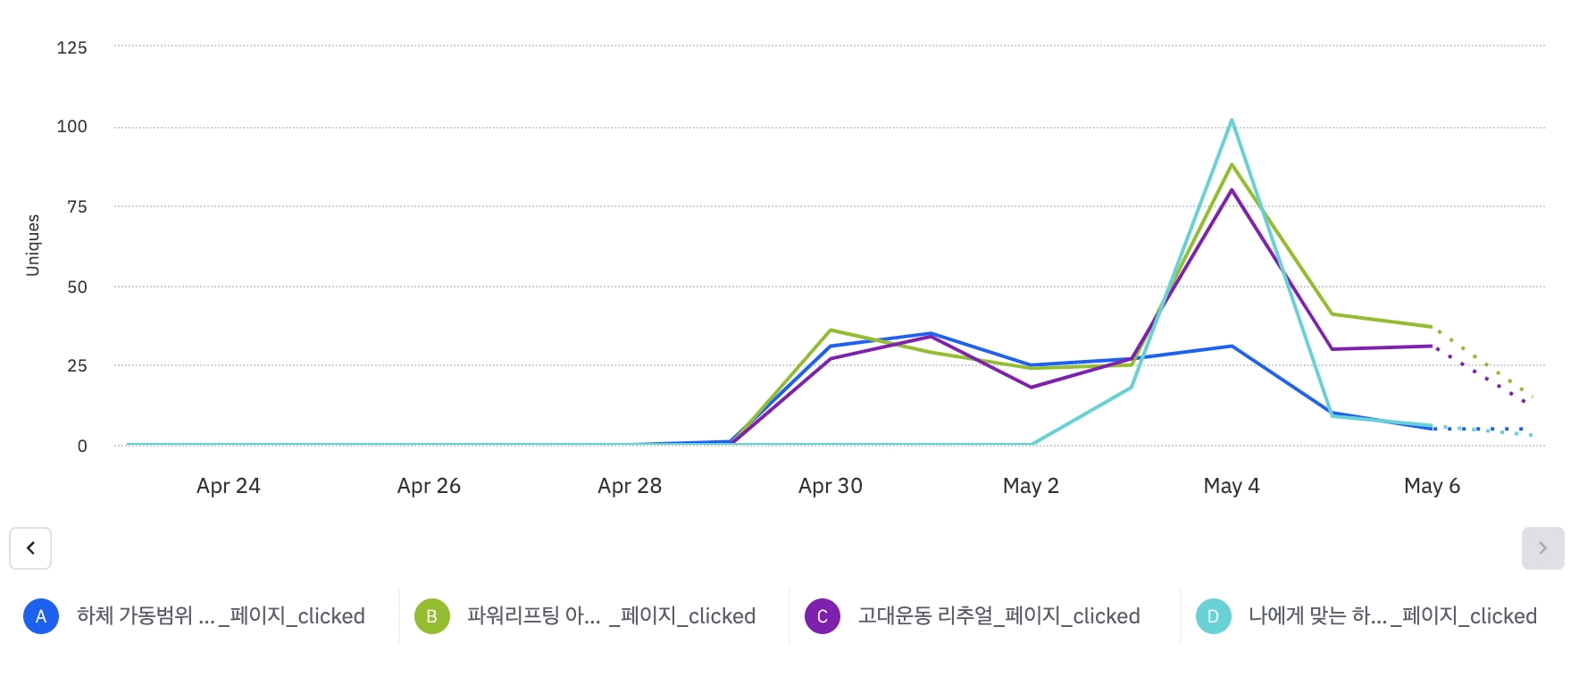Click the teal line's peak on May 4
click(x=1232, y=121)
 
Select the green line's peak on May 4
click(x=1232, y=165)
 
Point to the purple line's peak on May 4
click(x=1232, y=190)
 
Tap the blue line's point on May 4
click(x=1232, y=346)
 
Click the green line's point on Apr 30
click(x=831, y=330)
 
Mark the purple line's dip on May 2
click(x=1032, y=388)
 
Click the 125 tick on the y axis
click(x=72, y=47)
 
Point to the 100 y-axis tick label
click(x=72, y=127)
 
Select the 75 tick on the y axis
click(x=78, y=207)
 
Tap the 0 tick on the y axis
click(x=82, y=446)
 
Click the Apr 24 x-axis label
click(x=229, y=486)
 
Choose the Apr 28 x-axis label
click(x=630, y=486)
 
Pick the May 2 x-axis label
click(x=1031, y=486)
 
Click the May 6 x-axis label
click(x=1432, y=486)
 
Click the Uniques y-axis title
click(x=33, y=245)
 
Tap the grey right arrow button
click(x=1542, y=548)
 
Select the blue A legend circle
click(x=41, y=616)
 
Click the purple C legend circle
click(x=823, y=616)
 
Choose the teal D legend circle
click(x=1213, y=616)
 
